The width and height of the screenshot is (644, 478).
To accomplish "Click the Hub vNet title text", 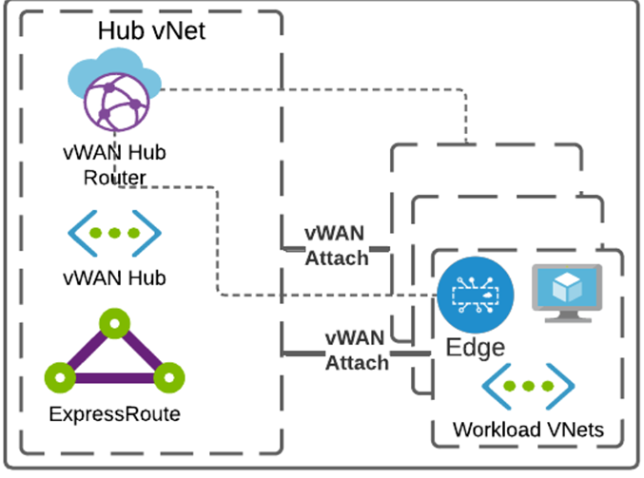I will (151, 30).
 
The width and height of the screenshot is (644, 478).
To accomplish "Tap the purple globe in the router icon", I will (112, 103).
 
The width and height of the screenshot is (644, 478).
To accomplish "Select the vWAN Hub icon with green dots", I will (113, 233).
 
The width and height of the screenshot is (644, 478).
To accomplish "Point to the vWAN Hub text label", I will (114, 277).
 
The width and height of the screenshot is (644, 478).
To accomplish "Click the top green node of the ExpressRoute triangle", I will (113, 327).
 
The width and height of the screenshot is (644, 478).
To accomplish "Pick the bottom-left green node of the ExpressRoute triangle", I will (61, 376).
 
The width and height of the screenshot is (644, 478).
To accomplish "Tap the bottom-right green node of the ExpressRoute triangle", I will (167, 376).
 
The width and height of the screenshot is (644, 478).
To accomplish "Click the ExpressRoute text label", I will (113, 414).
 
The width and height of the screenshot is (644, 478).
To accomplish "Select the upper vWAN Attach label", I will (336, 244).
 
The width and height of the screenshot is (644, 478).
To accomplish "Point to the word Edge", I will (476, 348).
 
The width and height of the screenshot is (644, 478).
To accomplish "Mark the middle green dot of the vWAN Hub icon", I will (113, 233).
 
